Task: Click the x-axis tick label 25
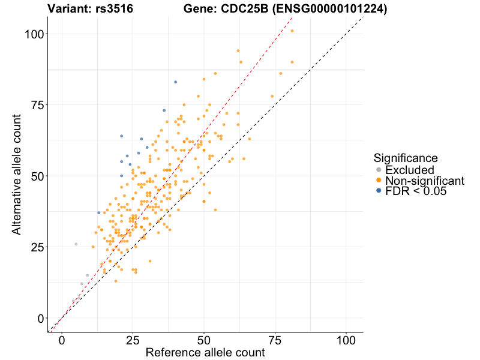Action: (x=133, y=340)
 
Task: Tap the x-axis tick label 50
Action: (x=204, y=340)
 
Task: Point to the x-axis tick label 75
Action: (x=275, y=340)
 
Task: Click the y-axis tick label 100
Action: (x=34, y=34)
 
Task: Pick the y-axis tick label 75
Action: (x=37, y=105)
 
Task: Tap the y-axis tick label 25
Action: (x=37, y=247)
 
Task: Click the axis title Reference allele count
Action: (x=205, y=353)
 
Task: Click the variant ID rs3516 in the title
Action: (x=114, y=9)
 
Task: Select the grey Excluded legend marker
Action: (x=378, y=170)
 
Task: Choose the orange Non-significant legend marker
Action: (x=378, y=181)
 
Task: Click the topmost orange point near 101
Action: (x=292, y=31)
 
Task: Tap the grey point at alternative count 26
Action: (x=76, y=244)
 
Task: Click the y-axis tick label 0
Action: (x=40, y=318)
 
